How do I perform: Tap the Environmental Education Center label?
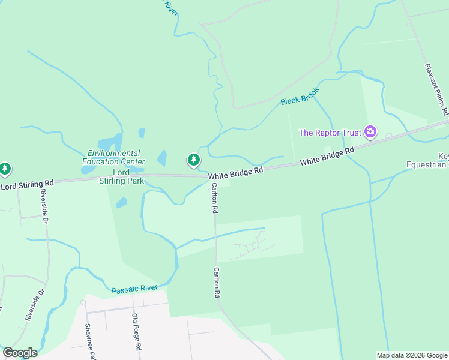pos(113,157)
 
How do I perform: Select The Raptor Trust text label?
pos(330,132)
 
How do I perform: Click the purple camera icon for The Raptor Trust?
pos(370,131)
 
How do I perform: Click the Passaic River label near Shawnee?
pos(134,290)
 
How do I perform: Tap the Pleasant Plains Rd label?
pos(436,90)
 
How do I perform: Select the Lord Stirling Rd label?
pos(27,185)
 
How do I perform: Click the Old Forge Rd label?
pos(136,331)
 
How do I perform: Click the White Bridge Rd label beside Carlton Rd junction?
pos(236,171)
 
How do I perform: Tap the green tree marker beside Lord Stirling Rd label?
pos(5,169)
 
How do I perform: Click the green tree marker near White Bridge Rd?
pos(193,160)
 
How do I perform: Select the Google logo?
pos(20,353)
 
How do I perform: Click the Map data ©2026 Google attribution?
pos(412,355)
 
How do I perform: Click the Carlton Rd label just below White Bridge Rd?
pos(214,199)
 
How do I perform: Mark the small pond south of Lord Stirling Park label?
pos(121,202)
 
